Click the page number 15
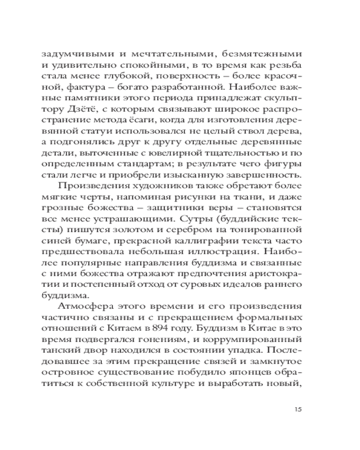coord(297,409)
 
